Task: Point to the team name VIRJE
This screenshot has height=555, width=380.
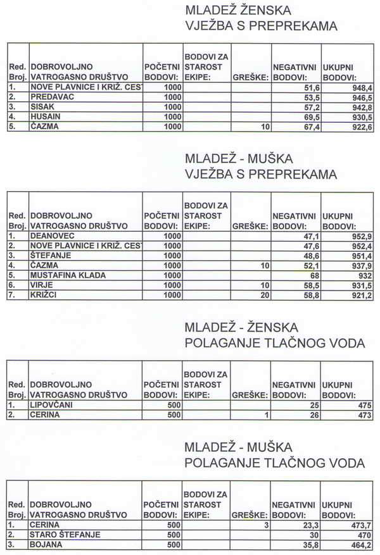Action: [41, 285]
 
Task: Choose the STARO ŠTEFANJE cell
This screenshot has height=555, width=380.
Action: [65, 535]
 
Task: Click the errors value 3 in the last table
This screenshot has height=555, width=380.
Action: [267, 525]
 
